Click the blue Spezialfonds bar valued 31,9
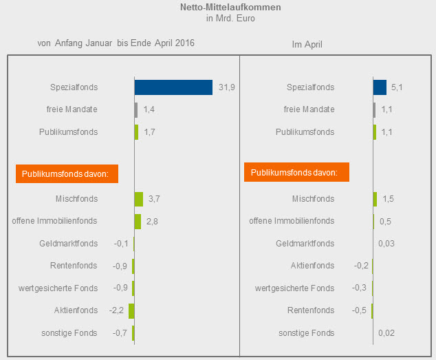(x=173, y=87)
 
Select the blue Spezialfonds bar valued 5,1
(x=380, y=87)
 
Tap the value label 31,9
(x=227, y=87)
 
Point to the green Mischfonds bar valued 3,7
(x=139, y=199)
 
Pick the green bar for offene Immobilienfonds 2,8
(x=138, y=221)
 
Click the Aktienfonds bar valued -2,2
(x=131, y=310)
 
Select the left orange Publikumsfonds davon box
(x=66, y=174)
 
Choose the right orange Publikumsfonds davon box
(x=296, y=172)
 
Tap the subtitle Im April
(x=307, y=45)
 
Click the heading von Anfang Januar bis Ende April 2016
(x=116, y=43)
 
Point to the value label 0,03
(x=387, y=244)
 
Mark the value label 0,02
(x=387, y=333)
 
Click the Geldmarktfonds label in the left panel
(x=69, y=244)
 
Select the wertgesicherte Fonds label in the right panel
(x=294, y=288)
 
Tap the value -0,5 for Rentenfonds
(x=360, y=310)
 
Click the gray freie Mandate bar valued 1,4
(x=136, y=109)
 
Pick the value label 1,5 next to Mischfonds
(x=387, y=199)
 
